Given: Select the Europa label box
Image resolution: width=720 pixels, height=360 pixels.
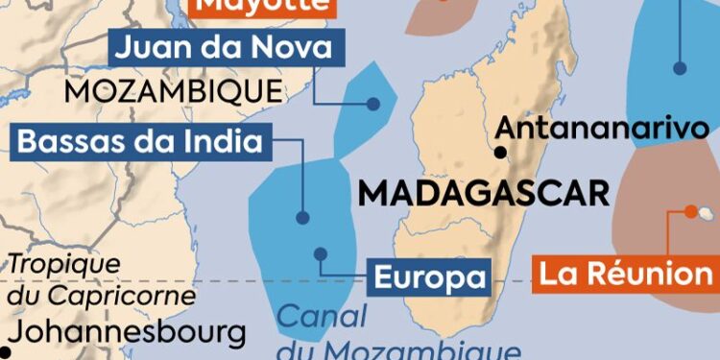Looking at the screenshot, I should pos(429,278).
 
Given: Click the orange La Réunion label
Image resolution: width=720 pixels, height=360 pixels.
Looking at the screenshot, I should pos(624,274).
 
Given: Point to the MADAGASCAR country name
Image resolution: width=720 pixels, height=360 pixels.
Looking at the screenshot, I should pos(484,192).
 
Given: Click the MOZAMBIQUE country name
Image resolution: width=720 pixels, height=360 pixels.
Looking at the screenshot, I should pos(174,92).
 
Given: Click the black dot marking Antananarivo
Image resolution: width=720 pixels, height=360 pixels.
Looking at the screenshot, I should pos(500,152).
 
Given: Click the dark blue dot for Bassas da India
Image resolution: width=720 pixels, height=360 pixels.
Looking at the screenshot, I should pos(302,218).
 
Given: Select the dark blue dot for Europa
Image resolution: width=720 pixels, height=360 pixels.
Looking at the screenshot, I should pos(321,254).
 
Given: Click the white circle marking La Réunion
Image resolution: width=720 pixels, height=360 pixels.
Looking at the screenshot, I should pos(691,210).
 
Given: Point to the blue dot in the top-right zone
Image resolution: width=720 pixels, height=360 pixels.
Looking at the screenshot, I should pos(680,68).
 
